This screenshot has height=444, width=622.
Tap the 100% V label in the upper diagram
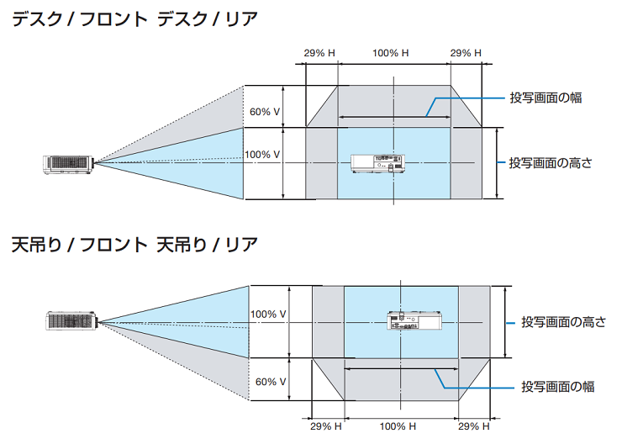pyautogui.click(x=262, y=155)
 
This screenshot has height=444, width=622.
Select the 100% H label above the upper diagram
pyautogui.click(x=390, y=53)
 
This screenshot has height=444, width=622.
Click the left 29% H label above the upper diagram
pyautogui.click(x=319, y=53)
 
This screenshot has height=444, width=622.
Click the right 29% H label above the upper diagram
pyautogui.click(x=466, y=53)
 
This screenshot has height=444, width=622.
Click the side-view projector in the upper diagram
pyautogui.click(x=67, y=163)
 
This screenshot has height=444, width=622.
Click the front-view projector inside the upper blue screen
pyautogui.click(x=376, y=163)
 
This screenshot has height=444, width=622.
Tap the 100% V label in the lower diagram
pyautogui.click(x=268, y=314)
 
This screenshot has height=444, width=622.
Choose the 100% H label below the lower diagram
pyautogui.click(x=397, y=426)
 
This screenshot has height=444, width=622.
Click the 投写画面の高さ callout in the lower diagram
pyautogui.click(x=562, y=322)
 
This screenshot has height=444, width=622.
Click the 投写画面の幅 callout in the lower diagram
pyautogui.click(x=557, y=386)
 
